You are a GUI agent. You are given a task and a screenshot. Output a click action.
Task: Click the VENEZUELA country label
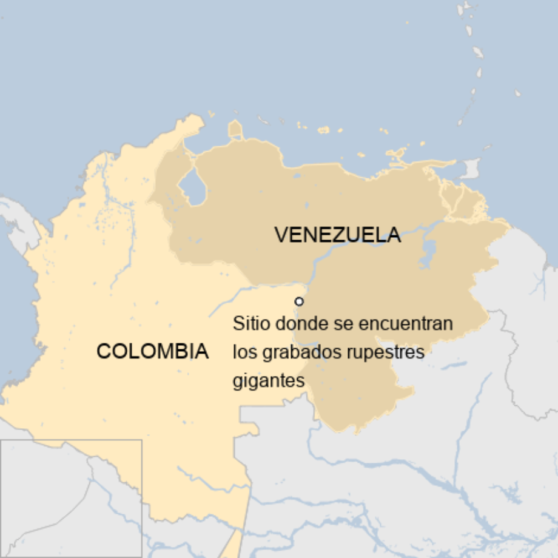tap(337, 235)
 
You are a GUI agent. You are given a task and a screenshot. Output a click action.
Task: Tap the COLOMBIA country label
tap(152, 351)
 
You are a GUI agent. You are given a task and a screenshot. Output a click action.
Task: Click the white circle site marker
tap(298, 301)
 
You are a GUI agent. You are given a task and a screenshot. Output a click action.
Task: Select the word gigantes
tap(267, 381)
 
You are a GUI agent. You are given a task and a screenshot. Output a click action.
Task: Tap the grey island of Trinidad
tap(470, 168)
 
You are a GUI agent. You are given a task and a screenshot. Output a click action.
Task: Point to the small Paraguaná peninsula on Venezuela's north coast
tap(235, 130)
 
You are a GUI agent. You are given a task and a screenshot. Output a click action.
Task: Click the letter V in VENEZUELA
tap(281, 235)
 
